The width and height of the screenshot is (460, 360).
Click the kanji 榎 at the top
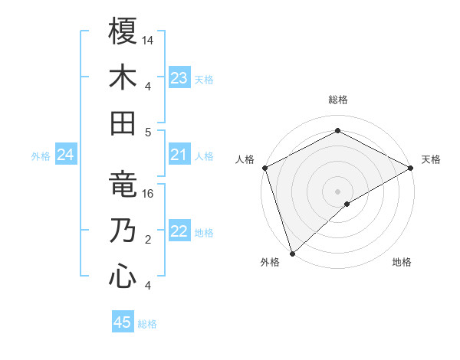point(123,31)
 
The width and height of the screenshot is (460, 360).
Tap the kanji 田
point(123,123)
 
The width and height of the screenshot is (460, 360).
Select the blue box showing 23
point(179,78)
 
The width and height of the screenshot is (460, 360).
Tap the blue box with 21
point(179,155)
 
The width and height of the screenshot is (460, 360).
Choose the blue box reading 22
point(179,232)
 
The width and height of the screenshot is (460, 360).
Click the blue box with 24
point(65,155)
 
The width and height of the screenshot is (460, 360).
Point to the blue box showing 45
point(122,322)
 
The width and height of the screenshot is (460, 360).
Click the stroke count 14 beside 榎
point(149,40)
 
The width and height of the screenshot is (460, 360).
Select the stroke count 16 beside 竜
point(149,195)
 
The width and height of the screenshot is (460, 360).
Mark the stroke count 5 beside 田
point(148,132)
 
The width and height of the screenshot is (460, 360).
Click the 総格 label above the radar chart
point(337,100)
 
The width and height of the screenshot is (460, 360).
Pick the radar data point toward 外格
point(292,253)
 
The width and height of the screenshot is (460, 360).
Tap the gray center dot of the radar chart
point(337,191)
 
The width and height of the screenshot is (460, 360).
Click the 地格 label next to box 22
point(205,233)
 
